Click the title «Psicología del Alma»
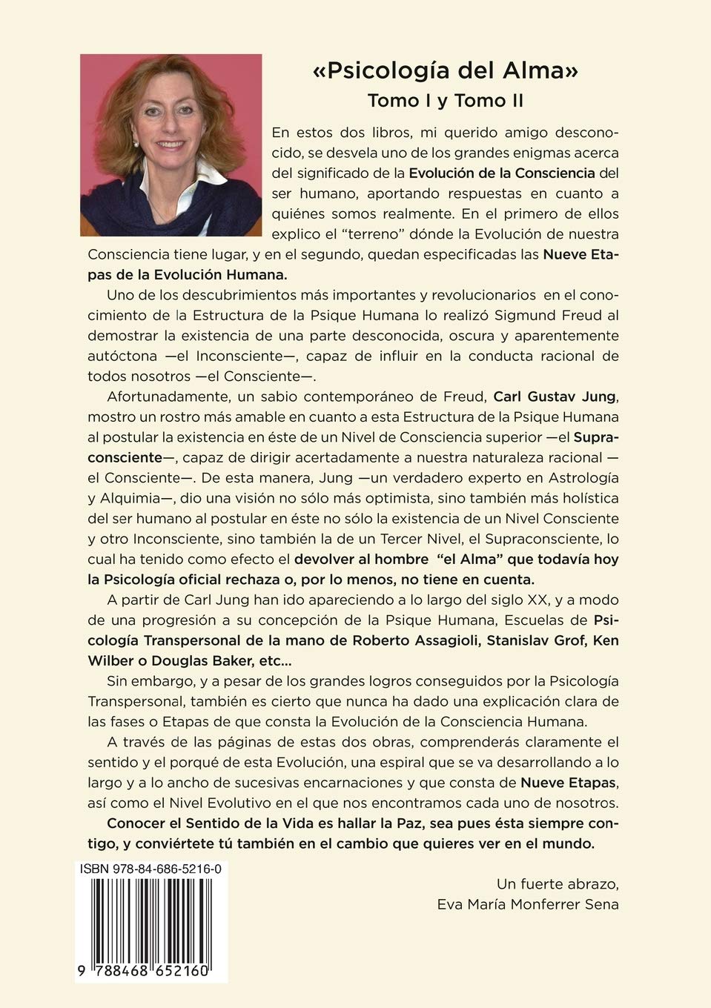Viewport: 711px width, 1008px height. coord(445,71)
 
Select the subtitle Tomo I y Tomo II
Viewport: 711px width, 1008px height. coord(445,100)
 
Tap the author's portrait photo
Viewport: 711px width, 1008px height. coord(171,145)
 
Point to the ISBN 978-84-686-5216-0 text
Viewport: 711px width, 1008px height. coord(151,868)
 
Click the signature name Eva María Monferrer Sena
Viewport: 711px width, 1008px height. coord(528,904)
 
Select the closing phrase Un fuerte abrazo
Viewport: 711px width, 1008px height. coord(558,883)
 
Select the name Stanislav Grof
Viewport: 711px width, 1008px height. coord(532,640)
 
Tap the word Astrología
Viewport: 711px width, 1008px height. coord(583,478)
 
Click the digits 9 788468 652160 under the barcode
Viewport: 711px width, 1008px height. coord(151,971)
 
